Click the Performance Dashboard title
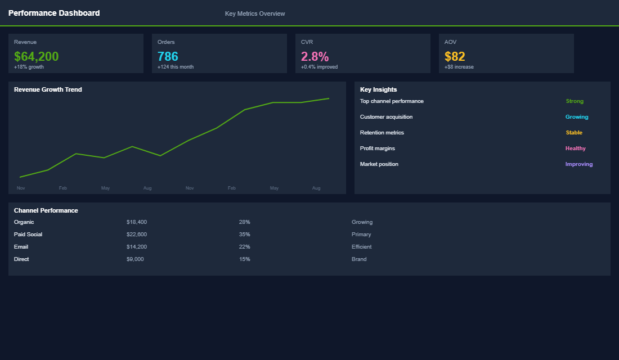[54, 13]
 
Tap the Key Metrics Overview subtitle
[255, 13]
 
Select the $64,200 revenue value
[36, 56]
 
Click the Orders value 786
[168, 56]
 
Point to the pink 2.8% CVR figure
[315, 56]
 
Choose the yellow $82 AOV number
[455, 56]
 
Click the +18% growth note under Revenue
[29, 67]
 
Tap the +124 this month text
[176, 67]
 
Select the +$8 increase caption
[459, 67]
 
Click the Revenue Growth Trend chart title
[48, 89]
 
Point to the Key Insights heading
[378, 89]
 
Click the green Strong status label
[575, 101]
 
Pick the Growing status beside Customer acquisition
[577, 117]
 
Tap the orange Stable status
[574, 133]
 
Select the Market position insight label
[379, 164]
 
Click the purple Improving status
[579, 164]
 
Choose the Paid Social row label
[28, 235]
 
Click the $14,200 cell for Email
[137, 247]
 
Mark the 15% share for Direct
[244, 259]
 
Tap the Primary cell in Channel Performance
[361, 235]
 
